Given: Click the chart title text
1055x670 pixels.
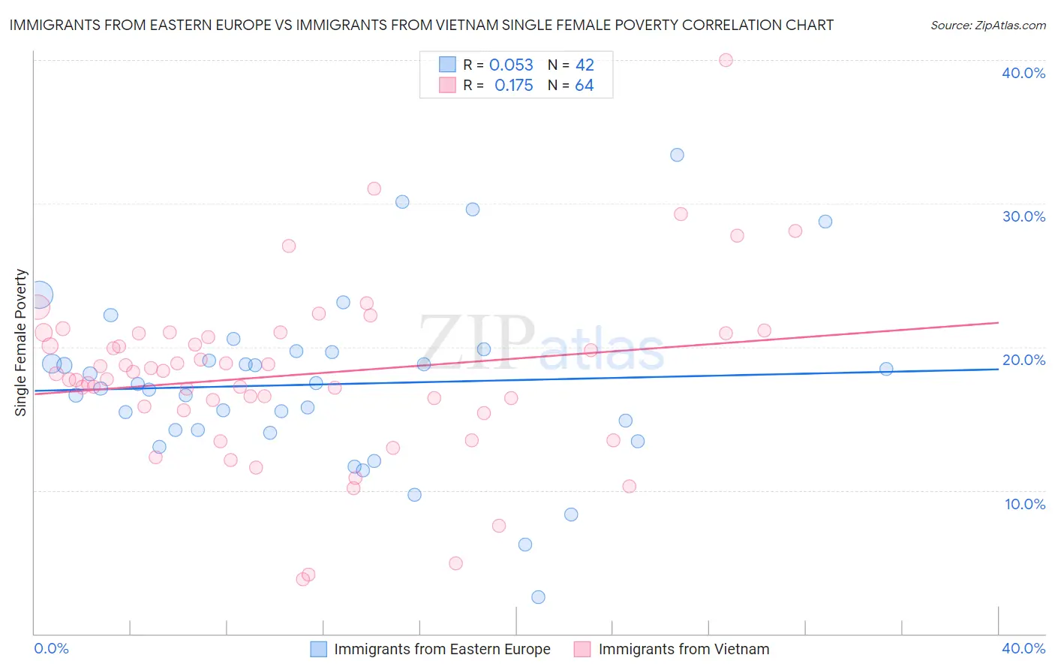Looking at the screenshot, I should [x=421, y=25].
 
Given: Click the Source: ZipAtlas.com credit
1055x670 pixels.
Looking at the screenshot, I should [x=987, y=25].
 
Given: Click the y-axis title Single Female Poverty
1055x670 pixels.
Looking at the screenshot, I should [x=21, y=343].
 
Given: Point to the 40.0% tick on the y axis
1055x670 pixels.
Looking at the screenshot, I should [x=1023, y=73].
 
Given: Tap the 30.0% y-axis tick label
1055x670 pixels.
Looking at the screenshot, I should [x=1023, y=216].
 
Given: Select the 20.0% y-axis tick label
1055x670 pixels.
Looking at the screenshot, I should [x=1023, y=360].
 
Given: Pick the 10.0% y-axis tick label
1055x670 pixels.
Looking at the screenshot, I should [x=1024, y=504].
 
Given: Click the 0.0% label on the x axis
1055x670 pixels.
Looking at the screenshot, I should [x=52, y=648].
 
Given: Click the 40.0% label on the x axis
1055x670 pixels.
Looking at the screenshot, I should [x=1023, y=648].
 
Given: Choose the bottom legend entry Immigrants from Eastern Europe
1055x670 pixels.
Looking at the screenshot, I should [x=441, y=649].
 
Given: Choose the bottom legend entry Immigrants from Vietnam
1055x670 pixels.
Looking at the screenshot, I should [x=683, y=649].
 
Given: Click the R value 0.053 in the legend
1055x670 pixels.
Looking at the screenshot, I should [x=511, y=65].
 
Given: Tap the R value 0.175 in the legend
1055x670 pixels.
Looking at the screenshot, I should [x=513, y=86].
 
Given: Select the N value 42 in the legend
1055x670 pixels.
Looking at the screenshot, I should [x=585, y=65].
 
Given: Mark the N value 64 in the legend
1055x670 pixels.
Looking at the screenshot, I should [x=584, y=86].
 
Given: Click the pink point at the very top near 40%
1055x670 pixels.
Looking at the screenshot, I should [x=726, y=60].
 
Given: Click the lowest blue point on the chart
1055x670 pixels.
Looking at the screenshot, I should [x=538, y=597].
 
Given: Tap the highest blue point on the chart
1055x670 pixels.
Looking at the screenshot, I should [x=677, y=155].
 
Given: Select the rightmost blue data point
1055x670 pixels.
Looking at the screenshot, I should [x=886, y=369].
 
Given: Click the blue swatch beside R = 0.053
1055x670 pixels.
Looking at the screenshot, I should [x=447, y=65].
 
